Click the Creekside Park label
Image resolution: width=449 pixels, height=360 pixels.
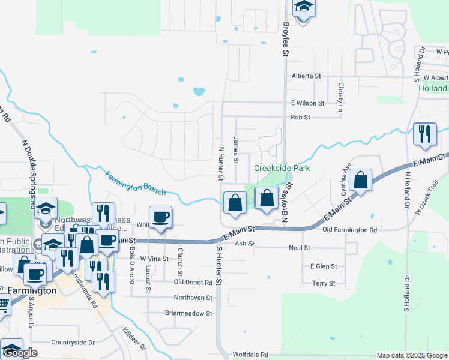282,169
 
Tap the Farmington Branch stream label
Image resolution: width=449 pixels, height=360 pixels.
136,184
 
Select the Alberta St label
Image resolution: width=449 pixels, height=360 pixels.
307,76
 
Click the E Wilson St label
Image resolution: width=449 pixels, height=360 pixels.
307,103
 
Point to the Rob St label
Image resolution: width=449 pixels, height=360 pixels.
300,118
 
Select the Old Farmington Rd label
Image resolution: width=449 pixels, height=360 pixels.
349,230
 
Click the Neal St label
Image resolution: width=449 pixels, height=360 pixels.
299,247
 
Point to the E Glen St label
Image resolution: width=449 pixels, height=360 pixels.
324,266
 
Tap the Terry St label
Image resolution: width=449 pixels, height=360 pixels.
323,283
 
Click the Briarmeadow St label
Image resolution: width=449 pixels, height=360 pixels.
188,313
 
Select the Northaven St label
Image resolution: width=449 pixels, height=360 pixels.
193,298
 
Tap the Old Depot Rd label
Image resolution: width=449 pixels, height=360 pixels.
193,282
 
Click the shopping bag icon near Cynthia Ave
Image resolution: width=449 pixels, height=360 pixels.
361,180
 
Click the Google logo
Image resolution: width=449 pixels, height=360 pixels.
20,353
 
